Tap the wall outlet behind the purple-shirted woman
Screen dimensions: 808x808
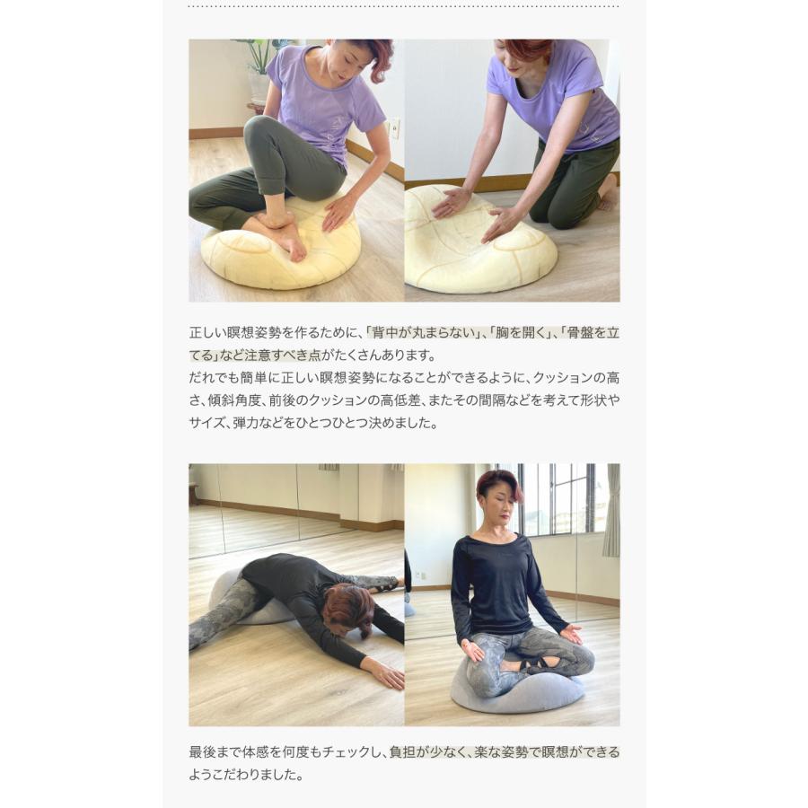(x=394, y=127)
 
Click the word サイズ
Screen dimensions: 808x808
(x=206, y=422)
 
